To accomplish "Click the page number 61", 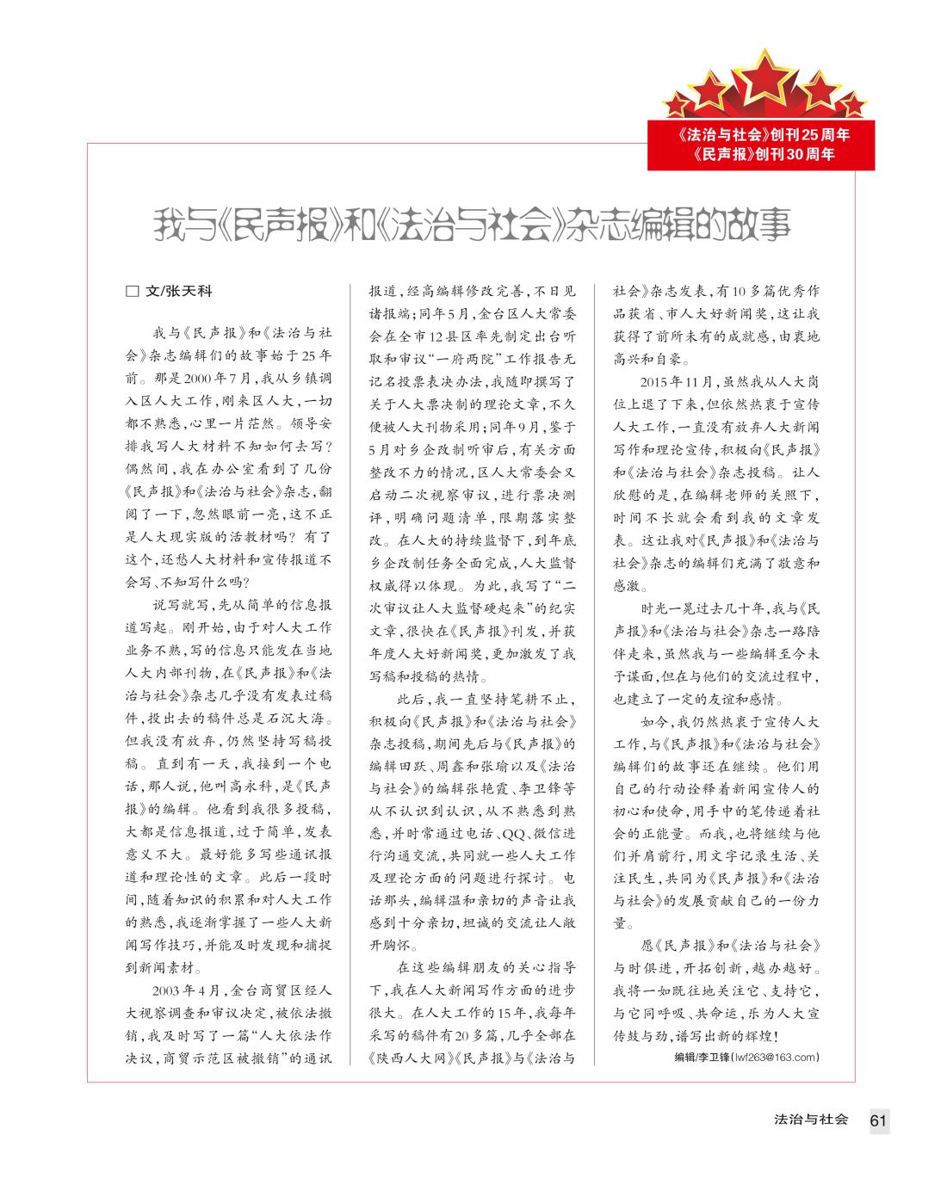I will click(x=878, y=1120).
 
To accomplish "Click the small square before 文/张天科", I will click(x=132, y=292).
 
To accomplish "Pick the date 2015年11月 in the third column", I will click(x=678, y=381).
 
